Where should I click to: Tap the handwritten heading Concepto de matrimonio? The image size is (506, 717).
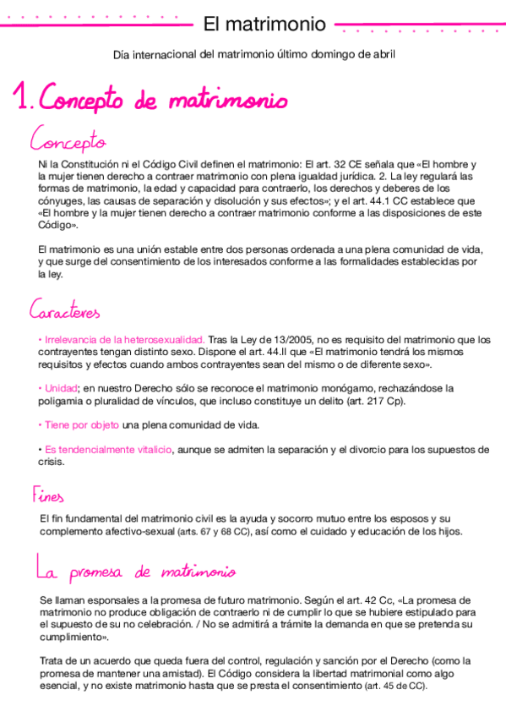(x=164, y=101)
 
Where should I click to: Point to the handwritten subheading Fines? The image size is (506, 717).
(x=47, y=494)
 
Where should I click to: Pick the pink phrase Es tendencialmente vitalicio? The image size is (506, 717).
(x=108, y=449)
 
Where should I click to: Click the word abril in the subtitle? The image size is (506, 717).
(x=382, y=55)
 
